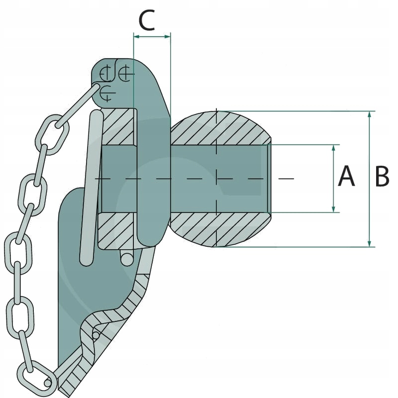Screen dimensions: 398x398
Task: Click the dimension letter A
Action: [x=346, y=177]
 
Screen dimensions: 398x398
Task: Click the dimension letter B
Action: [x=382, y=177]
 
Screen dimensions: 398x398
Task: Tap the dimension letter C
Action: [x=148, y=21]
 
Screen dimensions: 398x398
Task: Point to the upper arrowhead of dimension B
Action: [x=369, y=115]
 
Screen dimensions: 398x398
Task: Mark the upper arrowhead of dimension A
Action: [x=334, y=148]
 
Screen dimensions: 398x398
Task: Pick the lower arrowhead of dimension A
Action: [x=334, y=209]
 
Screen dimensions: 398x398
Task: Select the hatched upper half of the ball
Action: [x=219, y=127]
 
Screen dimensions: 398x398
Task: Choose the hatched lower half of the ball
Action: [x=219, y=230]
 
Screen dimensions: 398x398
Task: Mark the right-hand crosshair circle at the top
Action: [x=125, y=74]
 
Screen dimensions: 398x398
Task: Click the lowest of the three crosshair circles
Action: [x=106, y=93]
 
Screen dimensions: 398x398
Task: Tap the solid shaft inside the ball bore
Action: [x=219, y=178]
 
